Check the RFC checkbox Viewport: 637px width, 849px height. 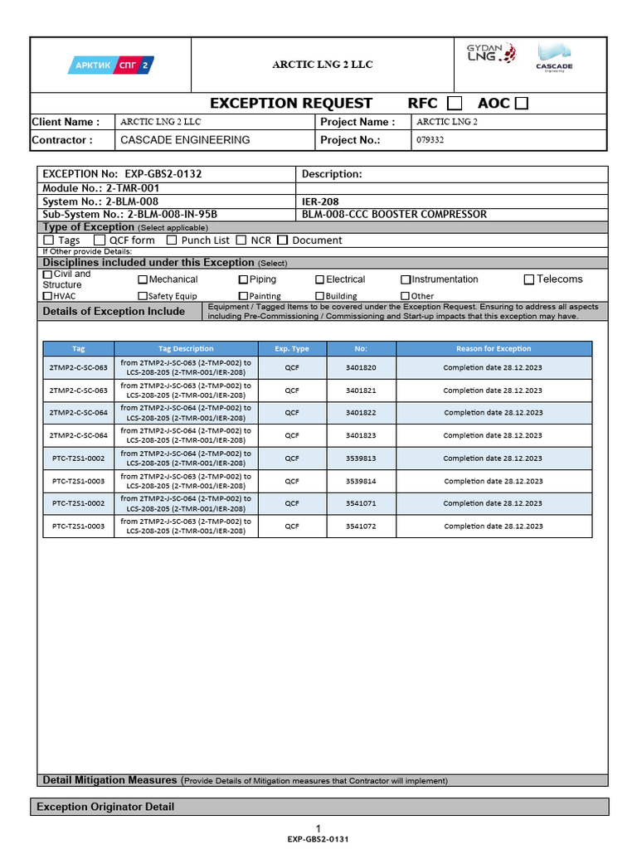pyautogui.click(x=455, y=104)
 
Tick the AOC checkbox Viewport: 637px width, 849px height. pyautogui.click(x=521, y=104)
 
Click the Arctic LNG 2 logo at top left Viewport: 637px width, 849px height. pyautogui.click(x=110, y=65)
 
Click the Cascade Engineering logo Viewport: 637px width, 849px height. pyautogui.click(x=554, y=58)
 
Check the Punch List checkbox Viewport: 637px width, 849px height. pyautogui.click(x=172, y=240)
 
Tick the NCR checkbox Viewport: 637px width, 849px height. pyautogui.click(x=241, y=240)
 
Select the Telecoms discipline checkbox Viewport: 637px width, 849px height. pyautogui.click(x=529, y=279)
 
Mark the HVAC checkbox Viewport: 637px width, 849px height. pyautogui.click(x=47, y=296)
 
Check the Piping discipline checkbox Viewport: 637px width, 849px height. pyautogui.click(x=243, y=280)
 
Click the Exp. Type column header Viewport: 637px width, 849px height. pyautogui.click(x=292, y=349)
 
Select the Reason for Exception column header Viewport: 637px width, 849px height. pyautogui.click(x=494, y=349)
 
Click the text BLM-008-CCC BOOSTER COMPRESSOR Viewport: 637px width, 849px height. pyautogui.click(x=394, y=214)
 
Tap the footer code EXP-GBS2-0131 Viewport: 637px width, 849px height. pyautogui.click(x=318, y=839)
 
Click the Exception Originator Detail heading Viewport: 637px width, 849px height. pyautogui.click(x=105, y=807)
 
